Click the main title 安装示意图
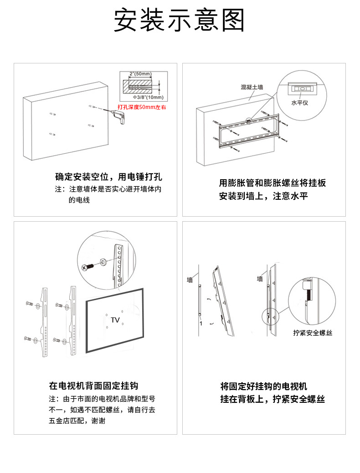(180, 21)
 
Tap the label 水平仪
(299, 103)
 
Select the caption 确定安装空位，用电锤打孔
(108, 177)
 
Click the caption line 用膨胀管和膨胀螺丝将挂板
(273, 183)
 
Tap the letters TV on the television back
(115, 320)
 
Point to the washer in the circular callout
(102, 262)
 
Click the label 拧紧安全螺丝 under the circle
(313, 333)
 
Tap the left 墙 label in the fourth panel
(190, 279)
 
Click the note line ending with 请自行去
(102, 410)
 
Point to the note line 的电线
(78, 200)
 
